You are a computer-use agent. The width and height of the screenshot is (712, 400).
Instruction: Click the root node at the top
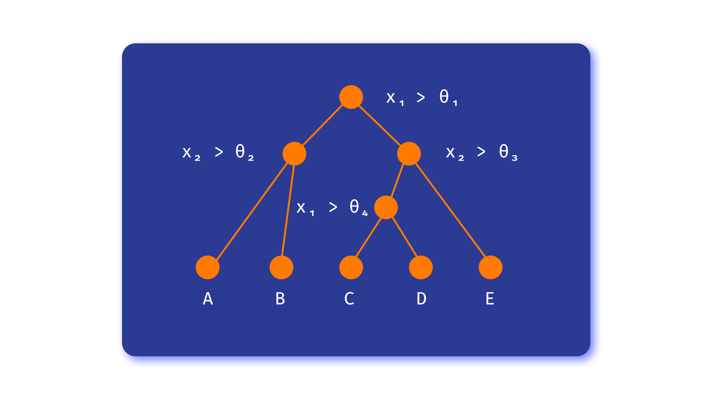click(x=351, y=97)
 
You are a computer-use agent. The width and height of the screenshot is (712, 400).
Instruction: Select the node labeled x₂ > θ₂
click(x=294, y=154)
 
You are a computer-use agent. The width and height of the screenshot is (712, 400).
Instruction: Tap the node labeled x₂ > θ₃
click(x=409, y=154)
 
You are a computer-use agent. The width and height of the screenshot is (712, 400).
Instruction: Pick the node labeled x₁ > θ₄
click(x=386, y=207)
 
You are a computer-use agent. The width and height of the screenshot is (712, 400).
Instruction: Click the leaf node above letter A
click(x=208, y=267)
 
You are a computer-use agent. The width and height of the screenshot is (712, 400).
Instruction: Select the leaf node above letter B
click(x=281, y=267)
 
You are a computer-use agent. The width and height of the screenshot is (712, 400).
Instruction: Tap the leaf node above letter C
click(x=351, y=267)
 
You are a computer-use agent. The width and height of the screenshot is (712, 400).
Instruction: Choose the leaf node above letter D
click(x=421, y=267)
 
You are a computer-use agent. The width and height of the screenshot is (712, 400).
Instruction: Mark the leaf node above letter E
click(x=490, y=267)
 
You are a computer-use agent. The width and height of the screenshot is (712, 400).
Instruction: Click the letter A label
click(x=208, y=299)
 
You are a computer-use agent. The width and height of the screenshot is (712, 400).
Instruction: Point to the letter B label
click(x=280, y=299)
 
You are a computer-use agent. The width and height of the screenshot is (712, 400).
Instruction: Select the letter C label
click(x=349, y=299)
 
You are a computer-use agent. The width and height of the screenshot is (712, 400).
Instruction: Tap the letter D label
click(x=421, y=299)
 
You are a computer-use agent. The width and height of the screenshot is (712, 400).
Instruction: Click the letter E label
click(x=489, y=299)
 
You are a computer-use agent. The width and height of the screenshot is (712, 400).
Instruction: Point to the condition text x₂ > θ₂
click(x=218, y=152)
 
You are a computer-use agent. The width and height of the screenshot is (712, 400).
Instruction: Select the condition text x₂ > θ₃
click(x=481, y=152)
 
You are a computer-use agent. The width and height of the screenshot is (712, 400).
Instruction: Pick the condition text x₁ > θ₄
click(x=332, y=207)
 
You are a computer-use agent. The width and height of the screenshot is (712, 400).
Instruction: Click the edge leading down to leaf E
click(x=451, y=210)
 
